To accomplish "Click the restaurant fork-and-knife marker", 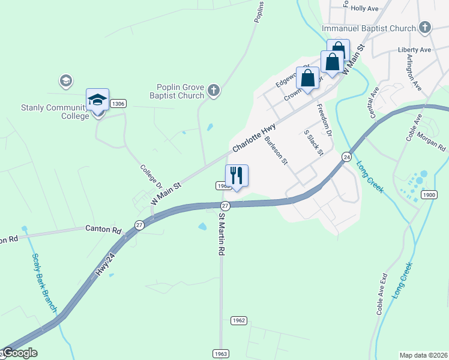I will (237, 176).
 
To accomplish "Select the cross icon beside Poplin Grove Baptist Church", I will (213, 91).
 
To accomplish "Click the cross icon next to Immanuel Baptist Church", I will (425, 28).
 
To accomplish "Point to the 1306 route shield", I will (118, 104).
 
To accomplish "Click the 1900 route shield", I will (429, 194).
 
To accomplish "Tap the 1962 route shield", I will (238, 320).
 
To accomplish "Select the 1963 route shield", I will (220, 354).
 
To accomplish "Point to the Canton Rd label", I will (103, 229).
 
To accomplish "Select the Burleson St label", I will (277, 151).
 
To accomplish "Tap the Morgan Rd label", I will (431, 143).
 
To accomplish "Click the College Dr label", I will (152, 177).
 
